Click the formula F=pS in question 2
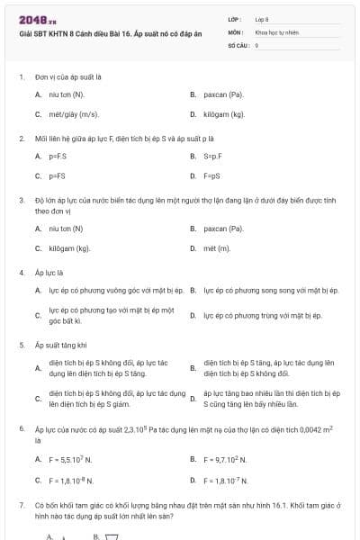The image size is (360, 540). point(211,176)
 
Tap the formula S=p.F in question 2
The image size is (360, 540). point(213,156)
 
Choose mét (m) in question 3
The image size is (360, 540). point(217,248)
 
